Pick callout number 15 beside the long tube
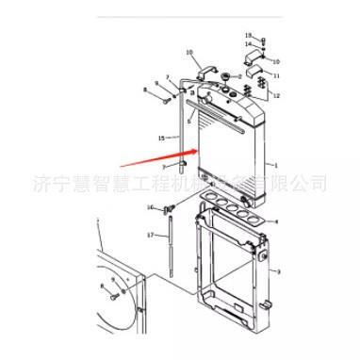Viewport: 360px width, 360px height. (161, 139)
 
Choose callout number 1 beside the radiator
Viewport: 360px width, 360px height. (275, 165)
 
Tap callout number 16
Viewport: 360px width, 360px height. (149, 206)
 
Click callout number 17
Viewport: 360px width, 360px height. (150, 234)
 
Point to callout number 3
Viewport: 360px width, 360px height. (276, 271)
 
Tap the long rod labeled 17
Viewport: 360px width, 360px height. (173, 254)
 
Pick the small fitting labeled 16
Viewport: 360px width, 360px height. (170, 209)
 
